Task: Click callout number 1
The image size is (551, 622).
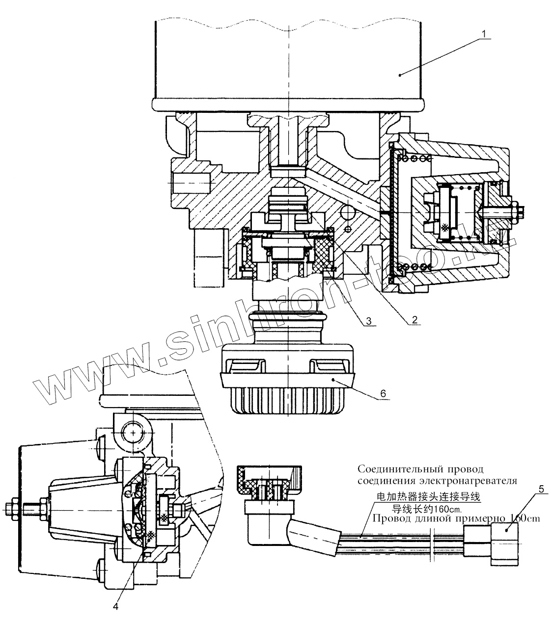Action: pos(484,34)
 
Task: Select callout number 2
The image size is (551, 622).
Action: pos(414,319)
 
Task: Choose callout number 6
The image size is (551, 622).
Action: pos(383,393)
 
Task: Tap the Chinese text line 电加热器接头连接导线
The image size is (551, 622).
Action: pos(427,497)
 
